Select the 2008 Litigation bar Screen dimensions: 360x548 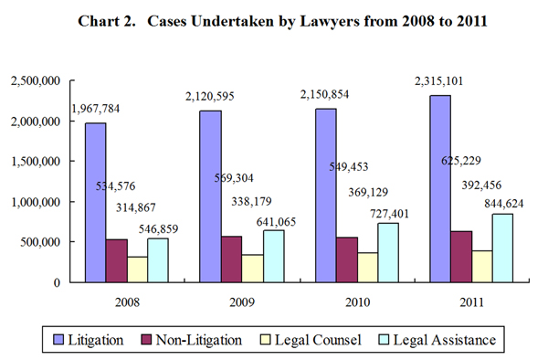pyautogui.click(x=95, y=202)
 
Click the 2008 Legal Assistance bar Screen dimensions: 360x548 pyautogui.click(x=158, y=259)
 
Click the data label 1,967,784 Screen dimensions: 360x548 pyautogui.click(x=112, y=109)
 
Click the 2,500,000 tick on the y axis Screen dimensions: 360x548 pyautogui.click(x=36, y=81)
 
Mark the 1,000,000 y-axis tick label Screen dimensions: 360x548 pyautogui.click(x=36, y=202)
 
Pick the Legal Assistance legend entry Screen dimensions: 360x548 pyautogui.click(x=438, y=340)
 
